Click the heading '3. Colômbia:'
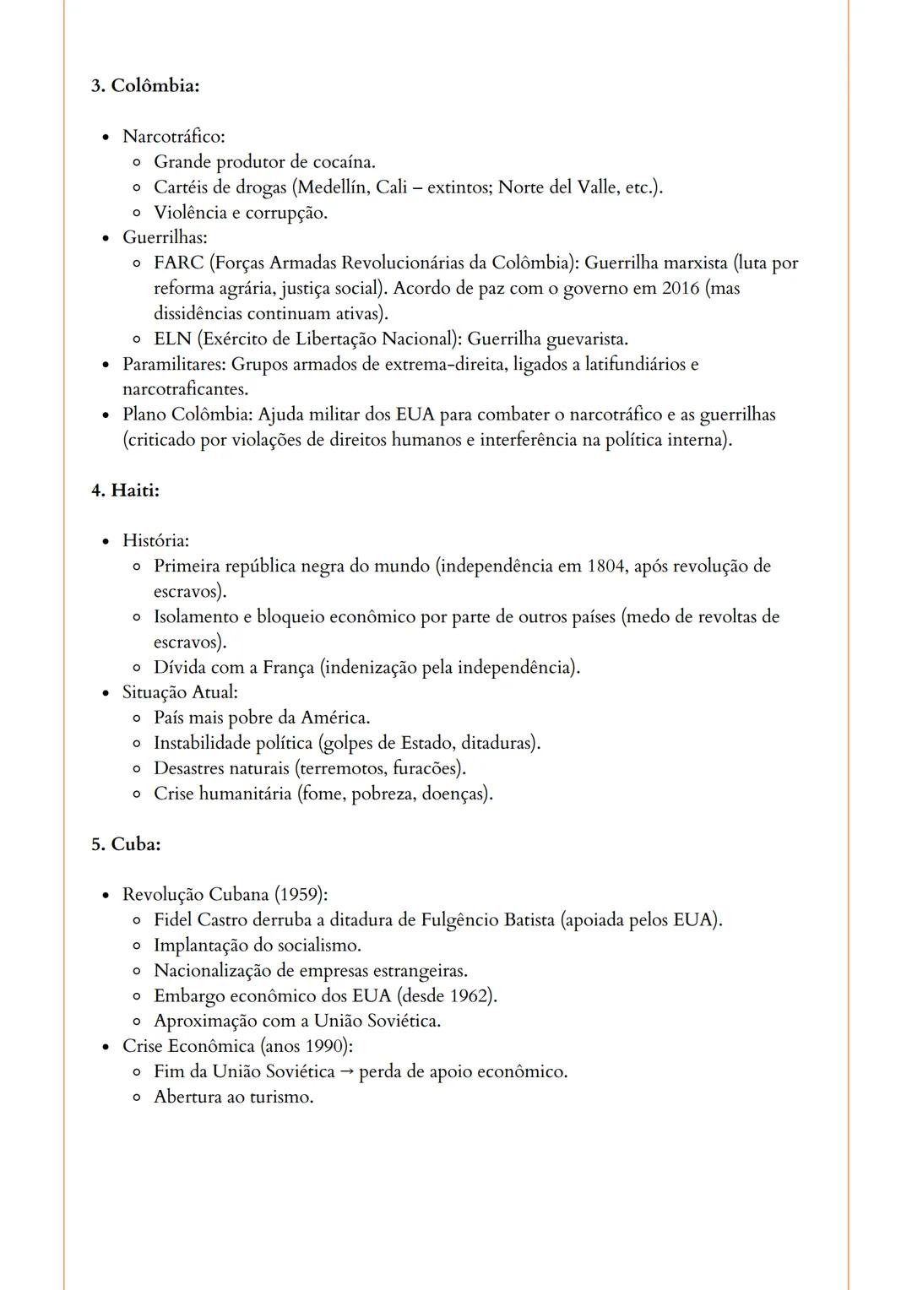[x=145, y=86]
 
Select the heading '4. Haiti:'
[x=125, y=491]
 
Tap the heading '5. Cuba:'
[x=126, y=844]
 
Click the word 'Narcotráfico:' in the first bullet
[x=173, y=137]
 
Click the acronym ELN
[x=172, y=339]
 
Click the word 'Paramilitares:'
[x=174, y=365]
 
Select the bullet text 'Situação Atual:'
[x=180, y=693]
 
